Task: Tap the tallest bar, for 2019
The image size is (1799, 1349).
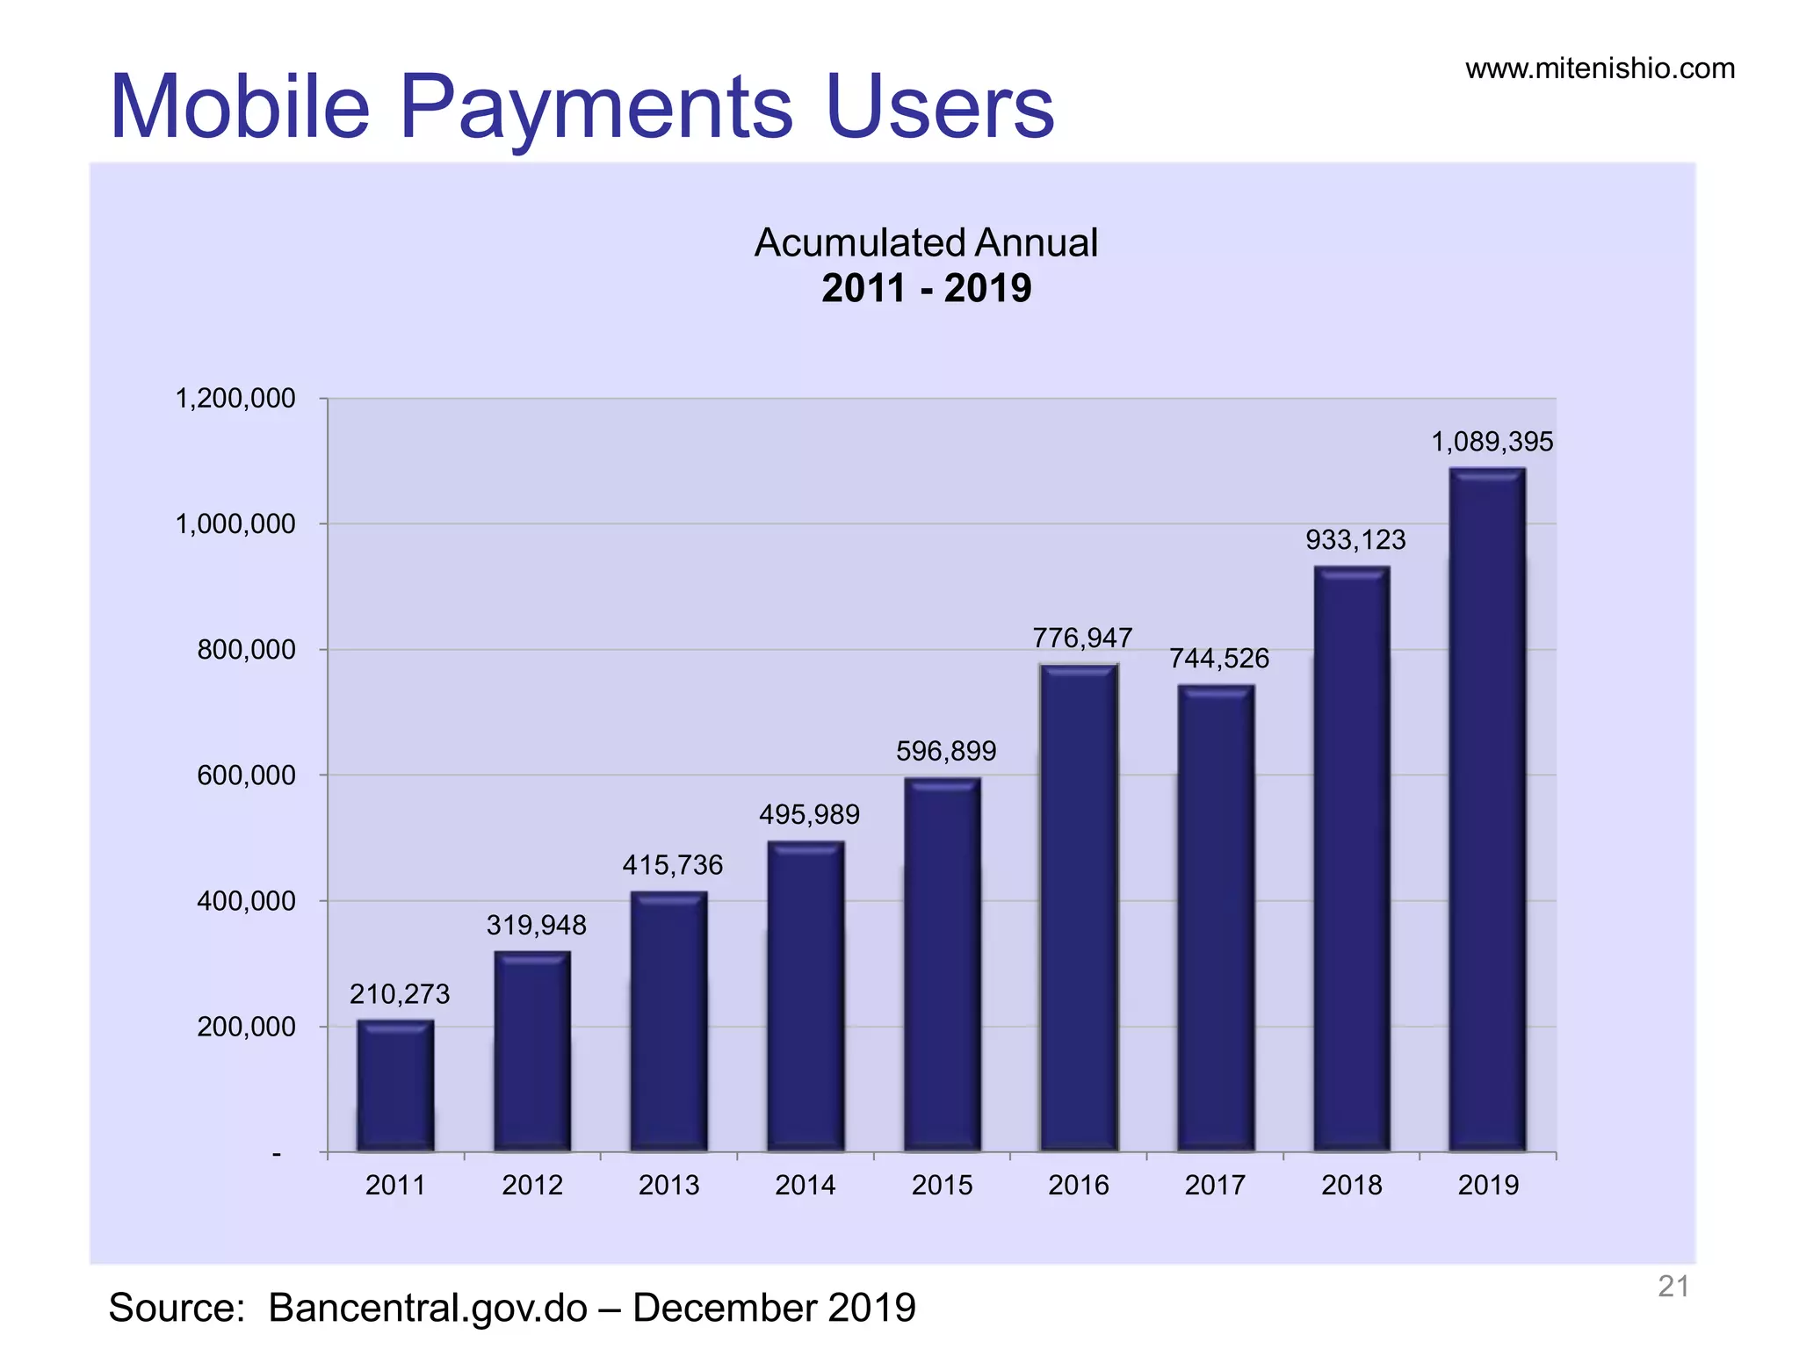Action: [x=1487, y=809]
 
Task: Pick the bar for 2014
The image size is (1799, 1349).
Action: [x=806, y=996]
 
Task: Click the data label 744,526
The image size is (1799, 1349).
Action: [x=1218, y=659]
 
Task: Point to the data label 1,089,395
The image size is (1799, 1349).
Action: [x=1492, y=442]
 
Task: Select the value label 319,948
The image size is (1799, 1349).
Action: [x=536, y=925]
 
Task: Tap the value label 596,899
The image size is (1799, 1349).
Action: [x=946, y=751]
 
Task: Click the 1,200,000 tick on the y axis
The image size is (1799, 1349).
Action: [x=235, y=399]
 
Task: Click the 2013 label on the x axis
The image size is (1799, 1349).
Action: [x=668, y=1186]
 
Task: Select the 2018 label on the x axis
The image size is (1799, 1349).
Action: [x=1351, y=1186]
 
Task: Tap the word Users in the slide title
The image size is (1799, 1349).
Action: [x=940, y=107]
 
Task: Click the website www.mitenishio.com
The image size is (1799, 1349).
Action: [x=1600, y=69]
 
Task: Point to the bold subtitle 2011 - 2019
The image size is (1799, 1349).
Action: [x=926, y=289]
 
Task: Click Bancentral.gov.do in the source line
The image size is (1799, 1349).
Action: [x=428, y=1308]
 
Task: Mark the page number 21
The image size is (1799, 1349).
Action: [x=1673, y=1287]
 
